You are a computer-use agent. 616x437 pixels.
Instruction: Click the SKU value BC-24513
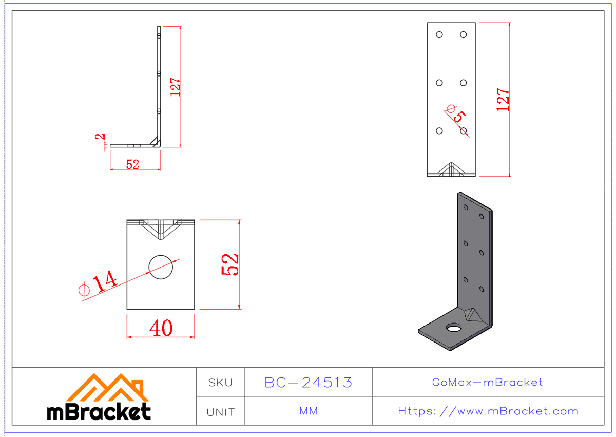coord(308,382)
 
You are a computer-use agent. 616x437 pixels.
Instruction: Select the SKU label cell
coord(220,382)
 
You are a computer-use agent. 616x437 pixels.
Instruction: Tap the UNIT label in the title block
coord(220,411)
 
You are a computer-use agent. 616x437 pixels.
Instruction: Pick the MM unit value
coord(308,411)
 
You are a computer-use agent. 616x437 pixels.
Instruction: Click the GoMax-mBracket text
coord(487,382)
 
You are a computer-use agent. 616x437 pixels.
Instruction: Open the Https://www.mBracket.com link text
coord(488,411)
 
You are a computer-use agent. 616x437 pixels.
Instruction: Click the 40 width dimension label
coord(161,328)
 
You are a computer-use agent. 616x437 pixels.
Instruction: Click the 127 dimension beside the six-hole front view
coord(503,100)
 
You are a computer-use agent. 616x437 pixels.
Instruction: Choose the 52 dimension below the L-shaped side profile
coord(132,165)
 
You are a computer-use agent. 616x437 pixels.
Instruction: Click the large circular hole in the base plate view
coord(161,267)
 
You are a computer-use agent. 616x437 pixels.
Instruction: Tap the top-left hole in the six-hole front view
coord(439,34)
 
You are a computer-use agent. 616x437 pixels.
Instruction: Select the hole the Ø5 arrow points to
coord(463,131)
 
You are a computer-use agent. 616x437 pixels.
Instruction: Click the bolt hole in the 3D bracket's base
coord(453,328)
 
